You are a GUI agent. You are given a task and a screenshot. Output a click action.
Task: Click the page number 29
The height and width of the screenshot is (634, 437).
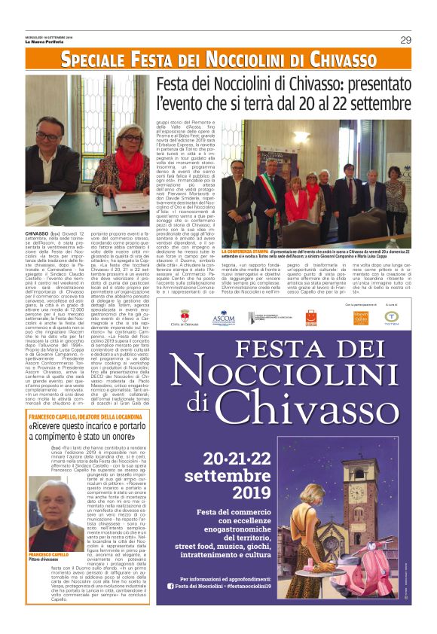click(405, 40)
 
